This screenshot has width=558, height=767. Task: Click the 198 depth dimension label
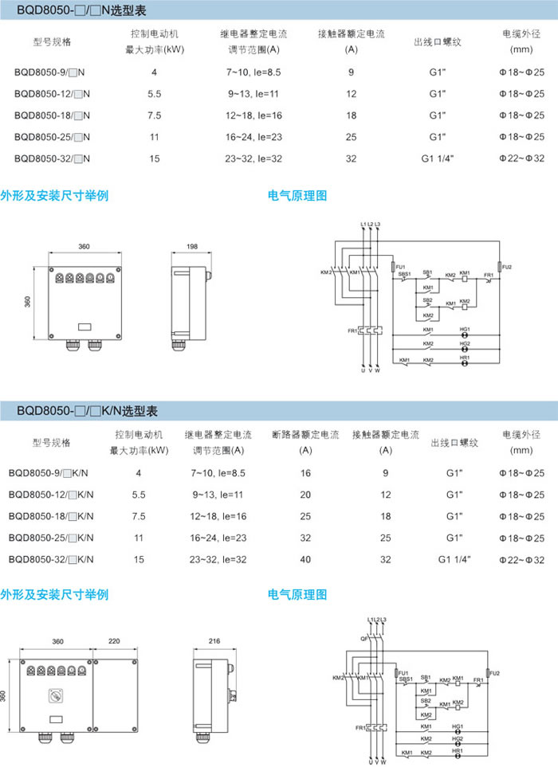click(192, 247)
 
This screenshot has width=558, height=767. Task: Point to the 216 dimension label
click(213, 640)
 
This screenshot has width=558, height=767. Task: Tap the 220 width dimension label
click(113, 640)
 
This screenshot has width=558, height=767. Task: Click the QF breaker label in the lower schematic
click(363, 637)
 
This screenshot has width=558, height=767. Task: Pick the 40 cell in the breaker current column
click(305, 560)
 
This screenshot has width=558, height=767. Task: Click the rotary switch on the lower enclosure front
click(57, 693)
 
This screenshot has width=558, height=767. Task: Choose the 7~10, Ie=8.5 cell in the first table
click(253, 72)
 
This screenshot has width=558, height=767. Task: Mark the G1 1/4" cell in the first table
click(437, 158)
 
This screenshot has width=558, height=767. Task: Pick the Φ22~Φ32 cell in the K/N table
click(521, 560)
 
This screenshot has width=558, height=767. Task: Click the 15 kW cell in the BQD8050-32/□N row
click(154, 158)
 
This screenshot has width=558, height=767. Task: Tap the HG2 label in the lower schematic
click(457, 738)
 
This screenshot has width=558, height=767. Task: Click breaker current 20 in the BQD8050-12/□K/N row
click(305, 495)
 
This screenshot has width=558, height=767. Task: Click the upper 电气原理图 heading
click(297, 194)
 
